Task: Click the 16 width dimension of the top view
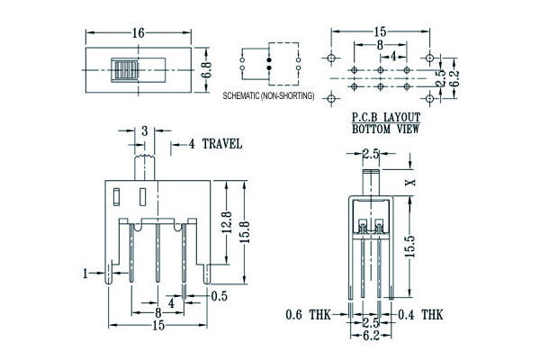[x=138, y=33]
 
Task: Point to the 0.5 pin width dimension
[x=218, y=295]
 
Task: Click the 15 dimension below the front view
[x=158, y=326]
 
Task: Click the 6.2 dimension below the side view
[x=370, y=334]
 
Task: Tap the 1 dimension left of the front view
[x=85, y=273]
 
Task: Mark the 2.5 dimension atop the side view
[x=370, y=154]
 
